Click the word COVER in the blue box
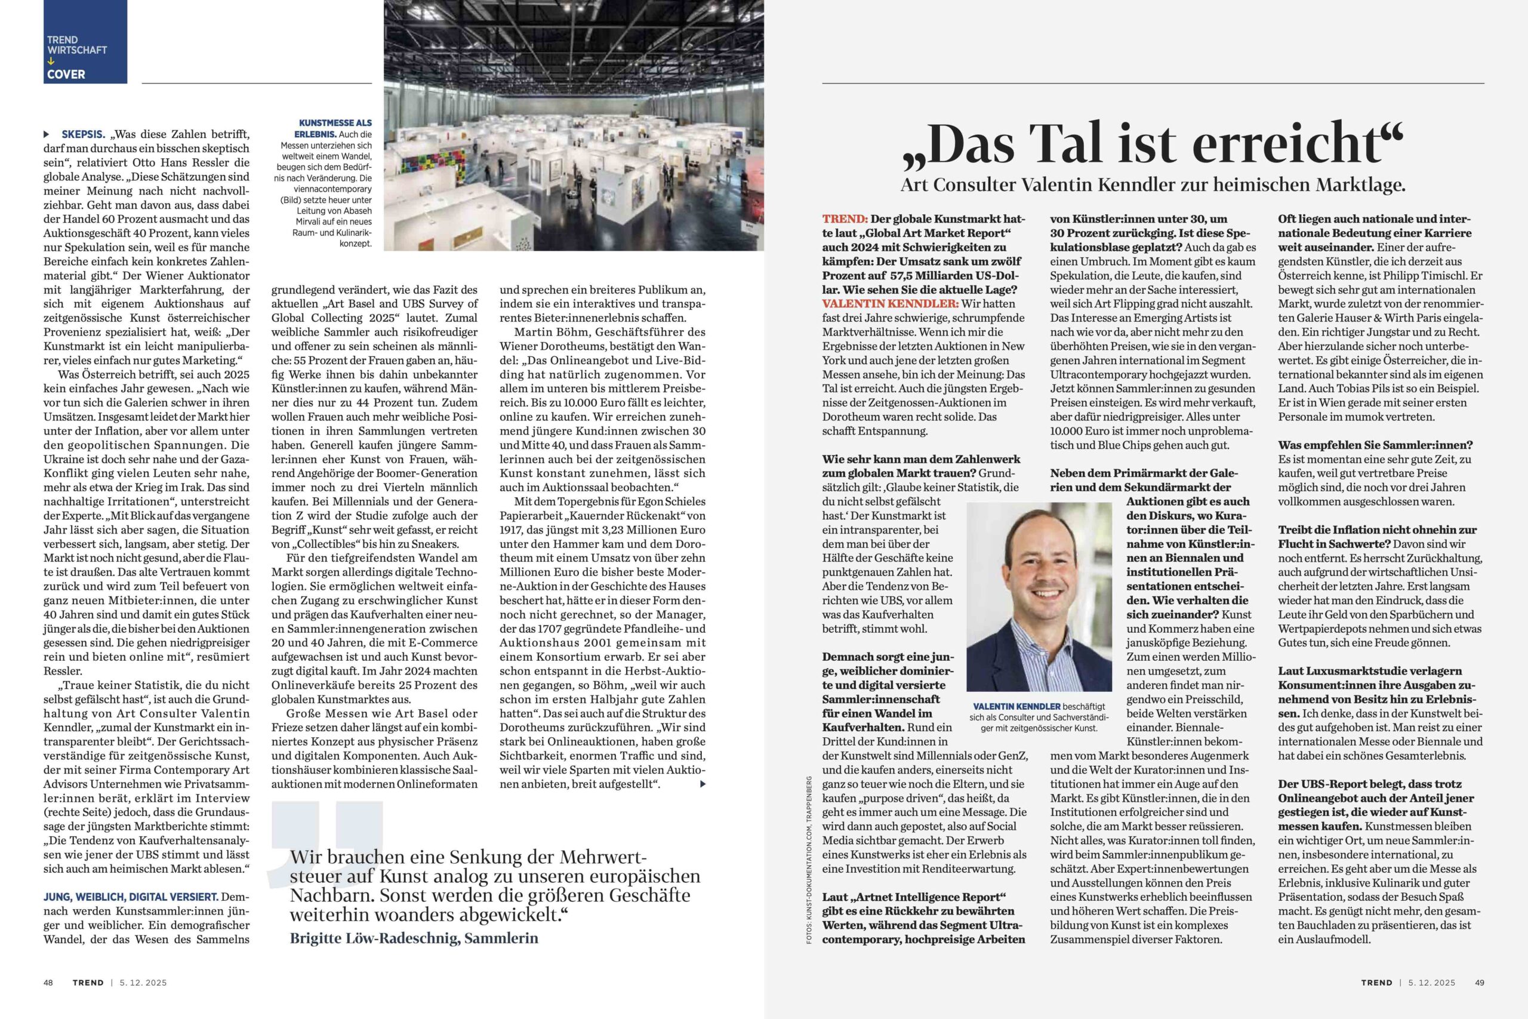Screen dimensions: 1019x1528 66,74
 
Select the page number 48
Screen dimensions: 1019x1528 48,982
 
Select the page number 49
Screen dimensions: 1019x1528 1479,982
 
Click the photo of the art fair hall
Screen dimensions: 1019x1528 573,130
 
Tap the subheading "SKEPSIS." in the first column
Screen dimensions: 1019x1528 83,134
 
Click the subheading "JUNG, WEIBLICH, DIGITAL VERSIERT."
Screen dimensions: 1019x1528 131,897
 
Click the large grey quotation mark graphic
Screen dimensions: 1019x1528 325,838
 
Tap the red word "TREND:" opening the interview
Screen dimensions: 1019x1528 845,219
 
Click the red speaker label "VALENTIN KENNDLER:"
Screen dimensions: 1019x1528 890,303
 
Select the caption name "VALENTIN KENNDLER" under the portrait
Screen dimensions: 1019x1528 1016,706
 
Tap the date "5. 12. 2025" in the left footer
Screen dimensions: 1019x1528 143,982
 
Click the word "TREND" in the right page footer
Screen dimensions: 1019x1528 1376,982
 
